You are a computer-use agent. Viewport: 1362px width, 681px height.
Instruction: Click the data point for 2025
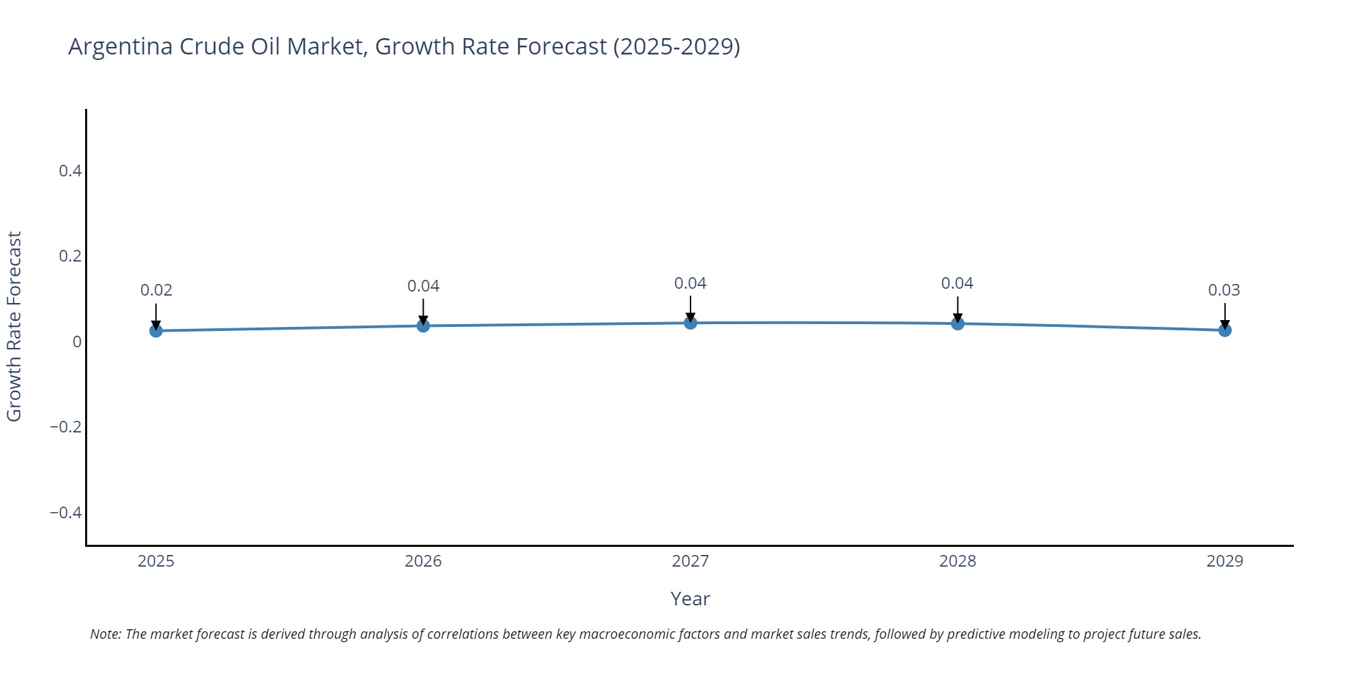point(156,330)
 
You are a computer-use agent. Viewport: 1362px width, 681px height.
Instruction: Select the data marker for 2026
point(423,326)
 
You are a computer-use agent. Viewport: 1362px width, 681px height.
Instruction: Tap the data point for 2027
point(691,322)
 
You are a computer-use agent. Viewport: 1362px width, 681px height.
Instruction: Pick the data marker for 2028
point(957,323)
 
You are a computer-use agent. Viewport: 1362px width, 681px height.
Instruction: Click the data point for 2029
point(1224,330)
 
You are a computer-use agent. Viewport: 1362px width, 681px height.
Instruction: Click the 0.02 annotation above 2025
point(156,290)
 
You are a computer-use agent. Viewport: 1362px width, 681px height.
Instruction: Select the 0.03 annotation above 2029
point(1224,290)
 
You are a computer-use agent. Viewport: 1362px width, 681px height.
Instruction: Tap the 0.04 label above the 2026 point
point(423,286)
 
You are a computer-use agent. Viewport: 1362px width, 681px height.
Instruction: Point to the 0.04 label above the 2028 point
point(957,283)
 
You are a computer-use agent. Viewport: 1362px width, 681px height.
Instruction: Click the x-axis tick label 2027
point(690,561)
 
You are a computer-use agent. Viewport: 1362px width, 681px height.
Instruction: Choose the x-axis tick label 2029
point(1224,561)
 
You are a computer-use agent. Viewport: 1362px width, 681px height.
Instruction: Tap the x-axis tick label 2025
point(156,561)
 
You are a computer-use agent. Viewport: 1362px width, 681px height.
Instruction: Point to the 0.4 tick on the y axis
point(70,171)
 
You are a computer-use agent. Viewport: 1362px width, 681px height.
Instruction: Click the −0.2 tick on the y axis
point(65,427)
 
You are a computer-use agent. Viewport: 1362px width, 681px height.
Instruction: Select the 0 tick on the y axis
point(77,342)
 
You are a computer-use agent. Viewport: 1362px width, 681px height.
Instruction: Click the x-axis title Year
point(690,599)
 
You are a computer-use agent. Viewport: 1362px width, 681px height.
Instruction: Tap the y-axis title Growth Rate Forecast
point(14,327)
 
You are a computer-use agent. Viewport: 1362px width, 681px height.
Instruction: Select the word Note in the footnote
point(105,634)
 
